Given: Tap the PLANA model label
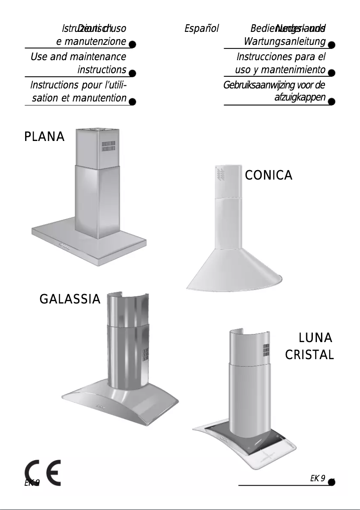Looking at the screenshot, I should tap(44, 136).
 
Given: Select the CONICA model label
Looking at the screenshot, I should tap(268, 176).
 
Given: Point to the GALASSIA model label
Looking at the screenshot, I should tap(70, 299).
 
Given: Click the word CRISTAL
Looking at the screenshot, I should tap(309, 356).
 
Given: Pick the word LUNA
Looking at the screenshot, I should tap(316, 338).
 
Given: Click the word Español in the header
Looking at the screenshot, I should tap(202, 29).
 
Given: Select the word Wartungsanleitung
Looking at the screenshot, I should tap(285, 42).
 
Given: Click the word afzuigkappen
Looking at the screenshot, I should tap(299, 97).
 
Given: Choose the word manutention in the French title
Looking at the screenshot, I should tap(100, 97).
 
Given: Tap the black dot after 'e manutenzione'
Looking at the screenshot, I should tap(132, 45).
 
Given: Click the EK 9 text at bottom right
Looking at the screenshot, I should tap(317, 478).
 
